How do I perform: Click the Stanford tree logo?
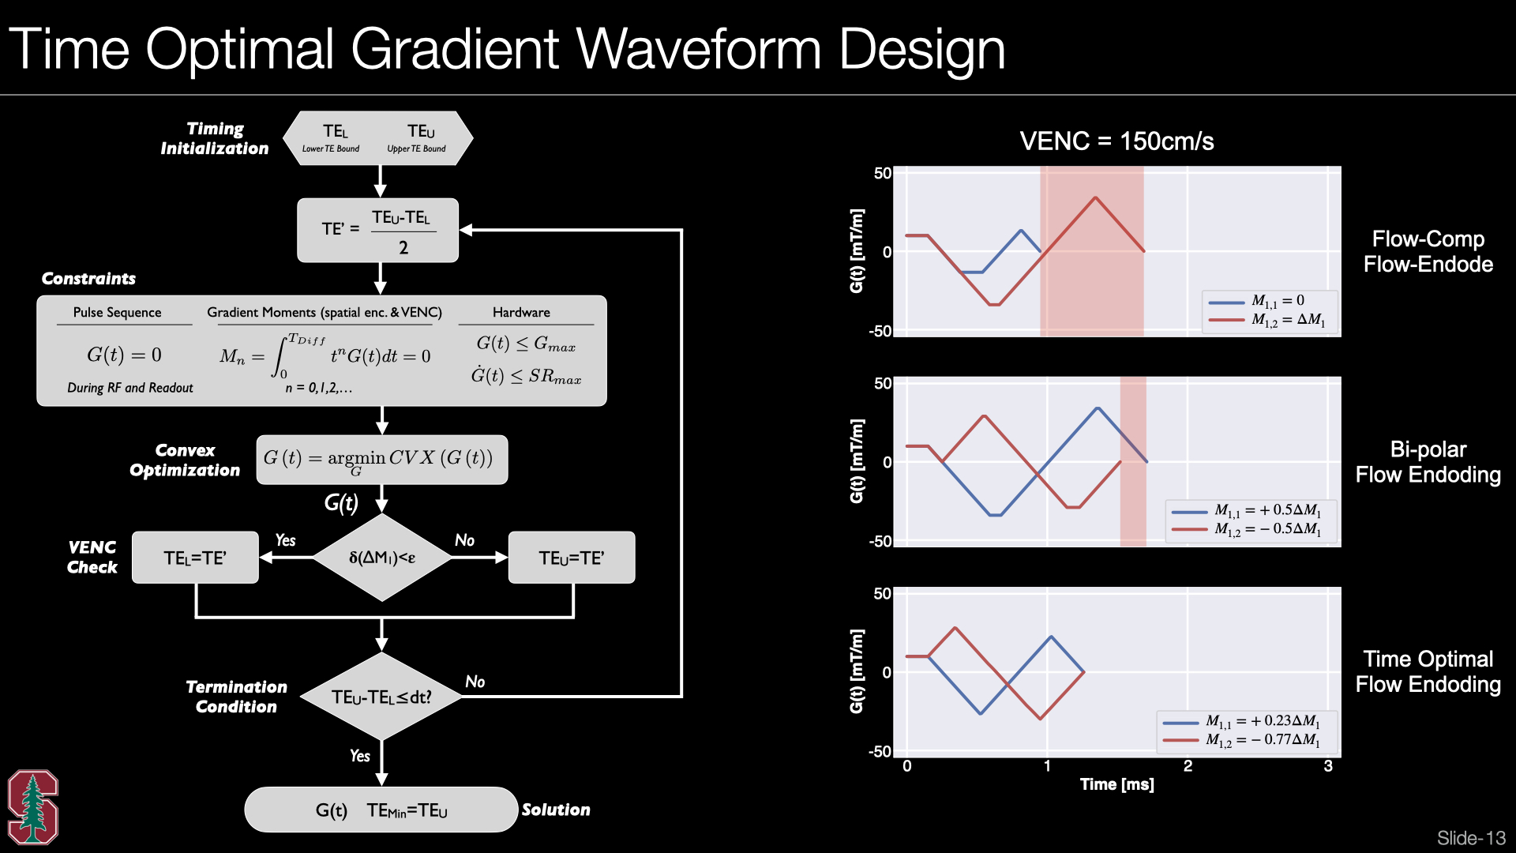(x=33, y=806)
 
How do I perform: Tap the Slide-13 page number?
(x=1471, y=838)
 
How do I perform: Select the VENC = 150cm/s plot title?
(x=1116, y=141)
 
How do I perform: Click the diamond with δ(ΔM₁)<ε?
(x=382, y=558)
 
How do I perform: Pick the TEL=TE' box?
(x=195, y=558)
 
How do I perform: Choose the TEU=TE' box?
(x=572, y=558)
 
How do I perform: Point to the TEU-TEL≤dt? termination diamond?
(x=382, y=697)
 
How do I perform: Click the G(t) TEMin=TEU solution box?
(x=381, y=810)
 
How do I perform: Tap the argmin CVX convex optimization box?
(x=382, y=460)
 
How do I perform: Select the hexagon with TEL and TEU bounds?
(x=378, y=138)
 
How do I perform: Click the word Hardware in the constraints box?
(x=521, y=313)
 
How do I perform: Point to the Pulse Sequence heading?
(x=117, y=313)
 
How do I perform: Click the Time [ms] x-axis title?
(x=1116, y=784)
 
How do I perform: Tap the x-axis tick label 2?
(x=1188, y=766)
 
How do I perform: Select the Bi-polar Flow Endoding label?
(x=1428, y=462)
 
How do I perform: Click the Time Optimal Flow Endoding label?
(x=1428, y=671)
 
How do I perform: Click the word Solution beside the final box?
(x=556, y=810)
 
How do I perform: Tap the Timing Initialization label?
(x=215, y=138)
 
